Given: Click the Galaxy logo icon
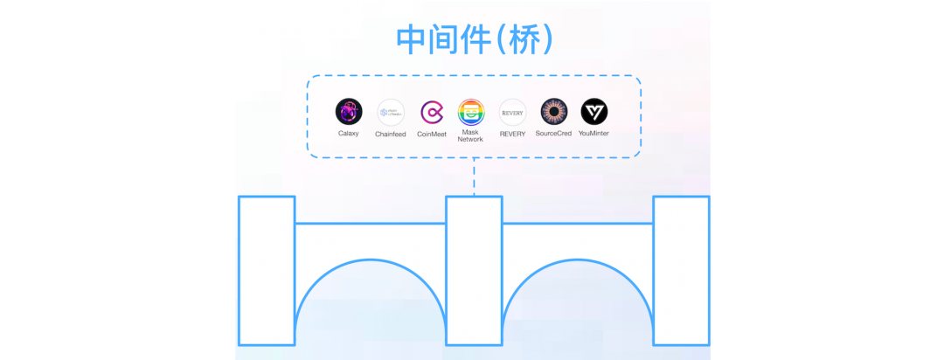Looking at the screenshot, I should [349, 112].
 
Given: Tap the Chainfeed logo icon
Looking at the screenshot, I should [390, 112].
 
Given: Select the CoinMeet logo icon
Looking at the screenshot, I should [432, 112].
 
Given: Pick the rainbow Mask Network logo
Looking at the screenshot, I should [471, 112].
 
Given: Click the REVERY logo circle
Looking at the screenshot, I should [512, 112].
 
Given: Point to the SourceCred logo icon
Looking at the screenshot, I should [553, 112].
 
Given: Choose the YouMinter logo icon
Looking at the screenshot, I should [594, 112].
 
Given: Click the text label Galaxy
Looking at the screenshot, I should [349, 134].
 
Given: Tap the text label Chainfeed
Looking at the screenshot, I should [390, 134].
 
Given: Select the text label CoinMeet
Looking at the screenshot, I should [432, 134].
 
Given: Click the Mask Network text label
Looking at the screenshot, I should [470, 136].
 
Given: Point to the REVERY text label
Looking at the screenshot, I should [512, 134].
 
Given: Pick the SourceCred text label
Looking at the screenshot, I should [553, 134].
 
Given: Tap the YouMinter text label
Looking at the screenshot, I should [594, 134].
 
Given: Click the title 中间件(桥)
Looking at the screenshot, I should [474, 39].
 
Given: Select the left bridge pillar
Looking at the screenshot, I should [267, 270].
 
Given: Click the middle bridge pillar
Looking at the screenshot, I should [474, 270].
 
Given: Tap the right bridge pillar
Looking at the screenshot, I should [681, 270].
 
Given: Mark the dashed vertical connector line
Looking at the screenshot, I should [474, 177].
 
